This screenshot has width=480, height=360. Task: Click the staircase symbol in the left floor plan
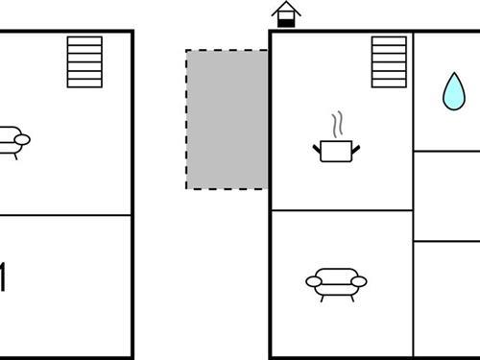click(84, 61)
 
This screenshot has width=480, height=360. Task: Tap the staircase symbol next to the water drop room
click(389, 61)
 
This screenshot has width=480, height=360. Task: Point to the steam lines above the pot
click(335, 125)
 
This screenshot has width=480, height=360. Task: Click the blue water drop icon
click(451, 91)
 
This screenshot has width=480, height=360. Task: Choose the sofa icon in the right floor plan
click(336, 282)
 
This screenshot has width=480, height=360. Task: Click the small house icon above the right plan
click(285, 14)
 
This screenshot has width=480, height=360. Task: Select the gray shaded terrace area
click(227, 119)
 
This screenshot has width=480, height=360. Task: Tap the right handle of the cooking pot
click(355, 148)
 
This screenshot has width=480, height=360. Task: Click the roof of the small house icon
click(285, 8)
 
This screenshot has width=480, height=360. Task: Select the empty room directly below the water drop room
click(447, 196)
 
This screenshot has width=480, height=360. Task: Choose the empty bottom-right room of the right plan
click(447, 300)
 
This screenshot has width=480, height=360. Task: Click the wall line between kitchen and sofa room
click(342, 210)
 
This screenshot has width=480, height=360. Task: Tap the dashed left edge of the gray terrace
click(186, 119)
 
